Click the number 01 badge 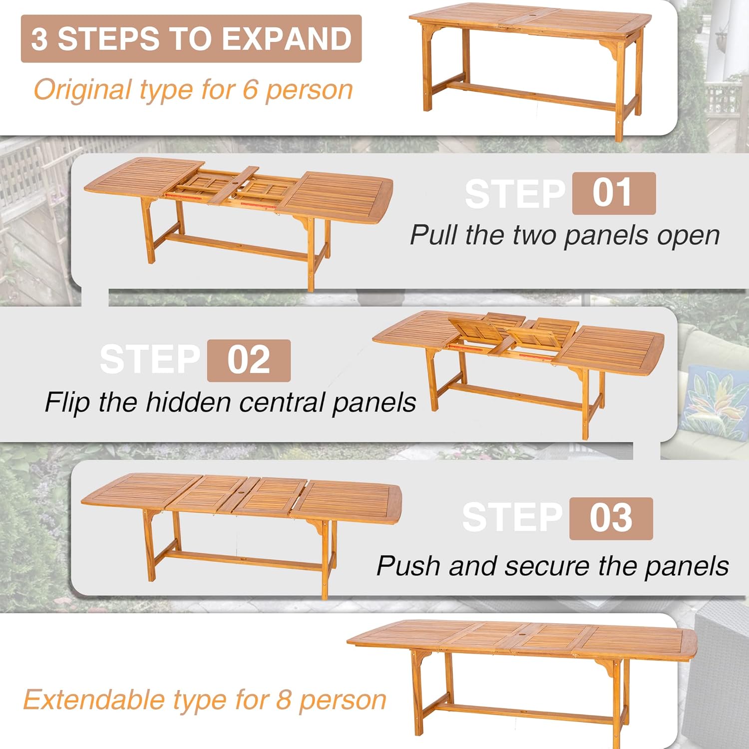point(614,193)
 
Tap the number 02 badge point(249,360)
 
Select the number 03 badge point(611,518)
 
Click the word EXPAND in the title point(287,39)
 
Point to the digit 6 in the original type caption point(250,89)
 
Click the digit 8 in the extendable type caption point(283,699)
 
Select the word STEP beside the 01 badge point(515,194)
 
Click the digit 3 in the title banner point(39,39)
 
